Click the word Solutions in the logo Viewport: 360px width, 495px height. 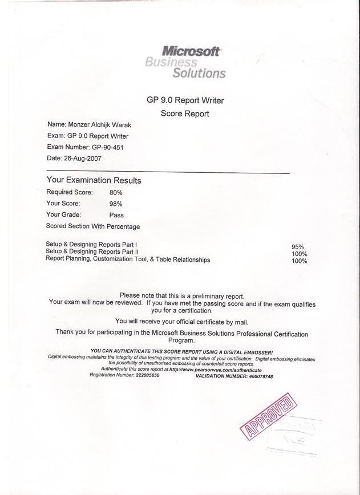200,73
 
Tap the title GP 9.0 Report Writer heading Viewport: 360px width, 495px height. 185,100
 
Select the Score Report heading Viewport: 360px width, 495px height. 185,113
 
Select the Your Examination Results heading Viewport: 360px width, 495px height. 94,180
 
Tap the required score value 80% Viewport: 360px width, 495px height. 116,193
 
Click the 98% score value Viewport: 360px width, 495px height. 116,204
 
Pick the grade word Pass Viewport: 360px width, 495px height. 116,215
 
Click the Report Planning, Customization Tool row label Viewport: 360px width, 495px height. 128,259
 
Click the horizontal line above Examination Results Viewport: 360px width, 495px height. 168,172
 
